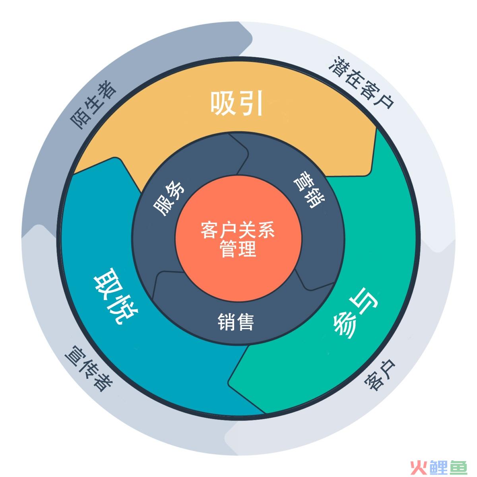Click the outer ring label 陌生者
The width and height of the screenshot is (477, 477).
[93, 105]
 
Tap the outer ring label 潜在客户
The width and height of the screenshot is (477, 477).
[361, 82]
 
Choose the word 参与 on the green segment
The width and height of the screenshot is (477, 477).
[355, 313]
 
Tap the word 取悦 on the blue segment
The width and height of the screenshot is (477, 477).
[116, 296]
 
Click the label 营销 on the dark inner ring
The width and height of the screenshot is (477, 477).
[309, 190]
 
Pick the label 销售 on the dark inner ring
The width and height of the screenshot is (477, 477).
[236, 322]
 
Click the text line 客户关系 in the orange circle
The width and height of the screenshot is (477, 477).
[238, 230]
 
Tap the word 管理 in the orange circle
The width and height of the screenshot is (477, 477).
[238, 248]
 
